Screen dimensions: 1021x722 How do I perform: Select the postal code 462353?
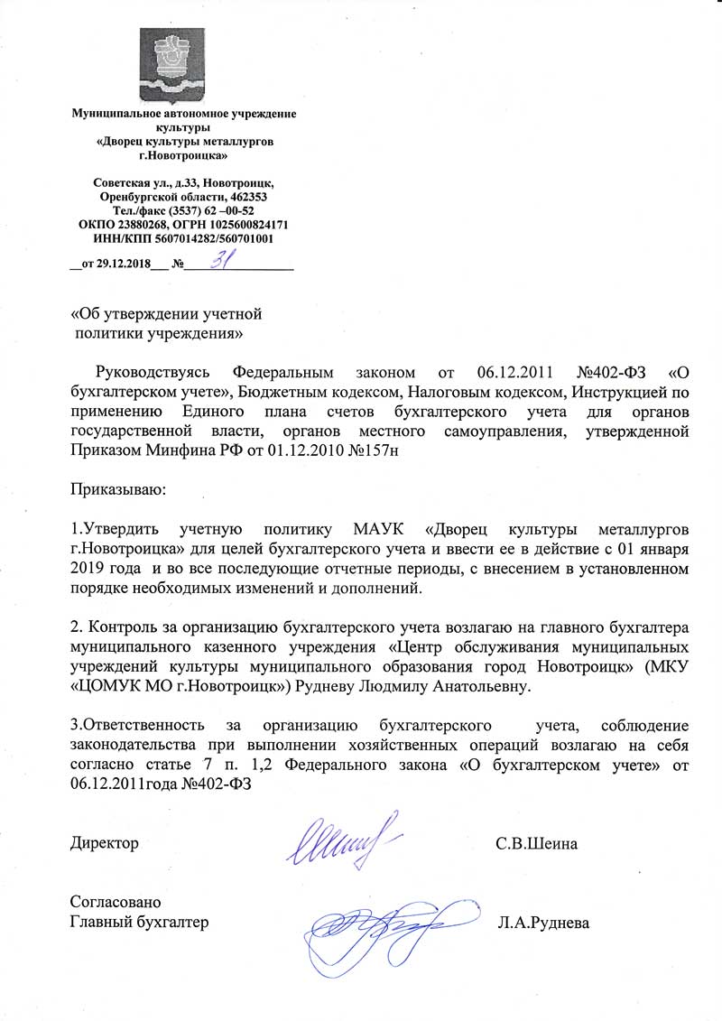click(x=248, y=197)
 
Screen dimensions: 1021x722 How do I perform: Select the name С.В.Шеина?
click(x=537, y=844)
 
